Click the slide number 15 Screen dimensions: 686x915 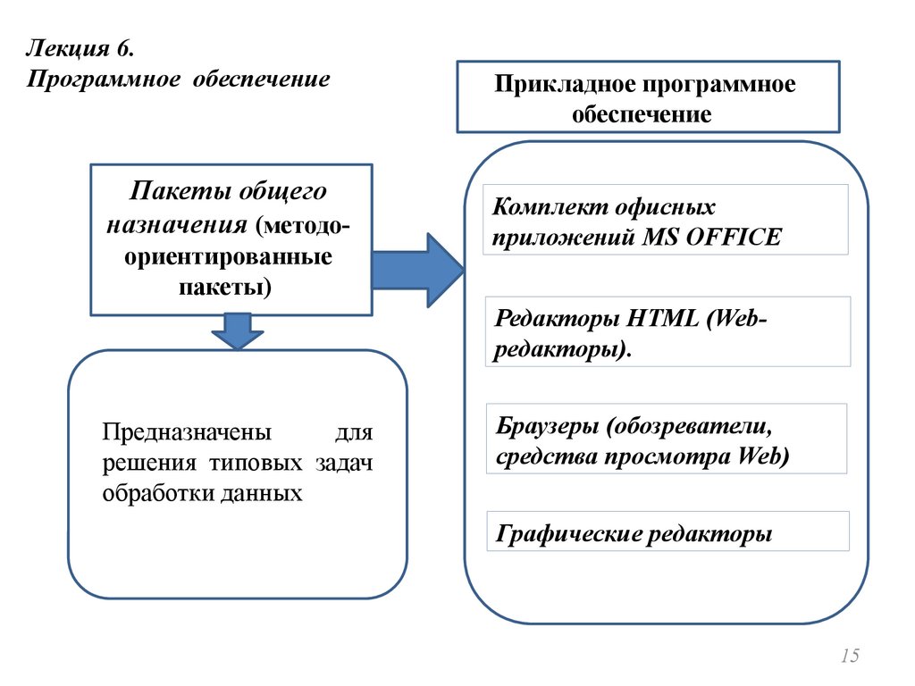click(x=850, y=657)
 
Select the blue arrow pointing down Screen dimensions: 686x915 click(x=237, y=330)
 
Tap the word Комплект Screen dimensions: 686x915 click(x=547, y=207)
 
